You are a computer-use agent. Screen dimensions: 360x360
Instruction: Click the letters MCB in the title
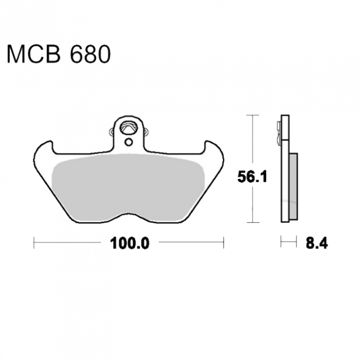[x=34, y=54]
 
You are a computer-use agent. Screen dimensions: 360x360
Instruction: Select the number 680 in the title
[x=90, y=54]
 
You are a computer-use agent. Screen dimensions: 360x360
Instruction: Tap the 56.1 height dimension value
[x=252, y=177]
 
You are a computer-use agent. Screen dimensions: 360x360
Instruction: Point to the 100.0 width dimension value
[x=130, y=243]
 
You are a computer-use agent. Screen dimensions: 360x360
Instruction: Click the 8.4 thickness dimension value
[x=317, y=243]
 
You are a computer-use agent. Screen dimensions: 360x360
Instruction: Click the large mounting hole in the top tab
[x=129, y=128]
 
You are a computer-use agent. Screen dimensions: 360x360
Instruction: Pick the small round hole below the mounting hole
[x=129, y=142]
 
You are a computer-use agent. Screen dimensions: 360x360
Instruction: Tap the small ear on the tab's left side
[x=111, y=131]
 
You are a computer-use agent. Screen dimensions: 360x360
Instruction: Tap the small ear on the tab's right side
[x=146, y=132]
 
